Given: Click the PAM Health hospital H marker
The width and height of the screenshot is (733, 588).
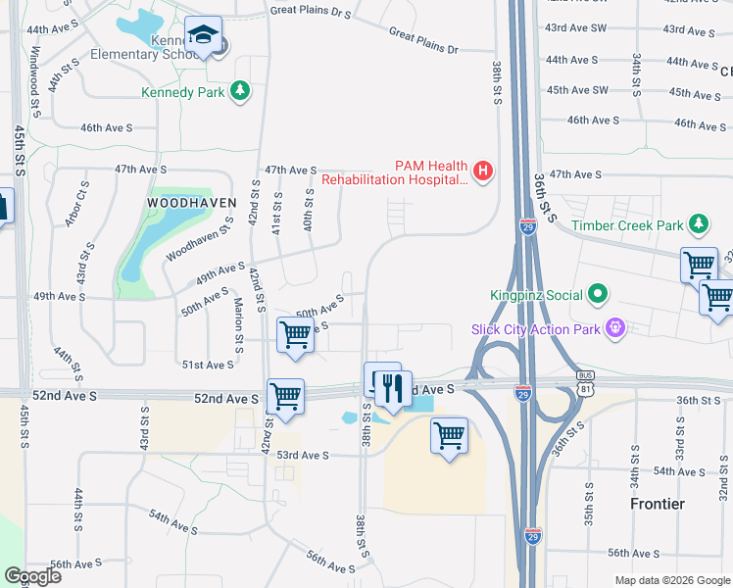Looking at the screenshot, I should point(482,171).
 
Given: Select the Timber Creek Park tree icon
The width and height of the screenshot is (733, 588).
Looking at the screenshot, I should point(699,225).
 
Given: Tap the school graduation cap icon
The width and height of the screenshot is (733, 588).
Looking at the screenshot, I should point(204,36).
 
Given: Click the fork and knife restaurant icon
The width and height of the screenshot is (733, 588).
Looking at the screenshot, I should point(394,389).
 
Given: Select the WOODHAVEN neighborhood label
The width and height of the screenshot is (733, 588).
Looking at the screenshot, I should point(178,202).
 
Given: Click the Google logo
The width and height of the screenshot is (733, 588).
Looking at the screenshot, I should point(32,576).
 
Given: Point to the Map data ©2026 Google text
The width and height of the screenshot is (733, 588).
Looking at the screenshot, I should point(671,580).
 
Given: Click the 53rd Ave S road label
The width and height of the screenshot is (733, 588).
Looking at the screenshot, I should point(302,455).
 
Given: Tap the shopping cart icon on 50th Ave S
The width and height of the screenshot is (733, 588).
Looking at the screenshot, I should point(295,335).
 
